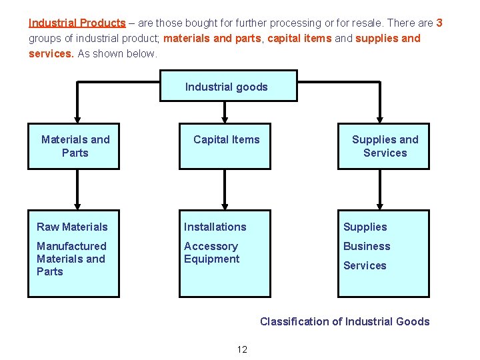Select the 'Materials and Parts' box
tap(74, 146)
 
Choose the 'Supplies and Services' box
tap(384, 146)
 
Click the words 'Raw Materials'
tap(72, 227)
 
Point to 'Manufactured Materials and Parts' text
tap(71, 259)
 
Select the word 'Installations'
tap(215, 227)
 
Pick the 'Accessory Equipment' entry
tap(211, 253)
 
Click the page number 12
tap(242, 349)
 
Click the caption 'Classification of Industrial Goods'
tap(345, 321)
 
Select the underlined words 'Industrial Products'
tap(77, 23)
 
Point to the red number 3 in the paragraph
tap(439, 23)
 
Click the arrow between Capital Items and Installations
tap(225, 189)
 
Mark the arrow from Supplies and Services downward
tap(380, 189)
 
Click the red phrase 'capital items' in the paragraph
tap(299, 38)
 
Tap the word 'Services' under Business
tap(365, 265)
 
